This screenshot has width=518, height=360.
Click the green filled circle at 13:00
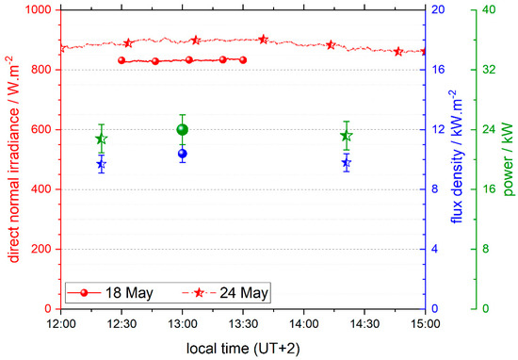183,130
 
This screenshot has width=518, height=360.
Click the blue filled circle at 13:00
183,154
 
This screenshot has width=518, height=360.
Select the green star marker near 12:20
101,139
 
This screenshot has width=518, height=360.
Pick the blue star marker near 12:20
101,164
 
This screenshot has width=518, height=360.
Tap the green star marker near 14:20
347,137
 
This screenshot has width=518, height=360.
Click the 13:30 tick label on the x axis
242,322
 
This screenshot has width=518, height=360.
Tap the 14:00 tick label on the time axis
303,322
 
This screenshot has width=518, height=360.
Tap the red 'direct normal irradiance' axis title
11,158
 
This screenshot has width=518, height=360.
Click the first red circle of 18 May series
121,60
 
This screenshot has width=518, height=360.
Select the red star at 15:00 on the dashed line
424,52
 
